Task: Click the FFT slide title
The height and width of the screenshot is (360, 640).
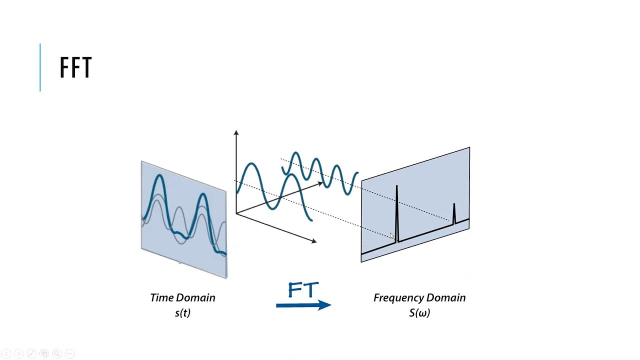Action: pos(75,67)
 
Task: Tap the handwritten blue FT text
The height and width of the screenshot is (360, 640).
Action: pos(303,290)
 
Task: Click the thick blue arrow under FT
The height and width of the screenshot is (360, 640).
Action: pos(303,304)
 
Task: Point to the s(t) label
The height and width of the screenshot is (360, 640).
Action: pos(182,313)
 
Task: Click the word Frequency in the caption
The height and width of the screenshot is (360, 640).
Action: pos(397,297)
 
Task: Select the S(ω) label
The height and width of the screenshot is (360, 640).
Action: pos(419,313)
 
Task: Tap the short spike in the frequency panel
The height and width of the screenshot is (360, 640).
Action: pos(454,213)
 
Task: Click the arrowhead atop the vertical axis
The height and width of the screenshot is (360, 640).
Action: pos(236,133)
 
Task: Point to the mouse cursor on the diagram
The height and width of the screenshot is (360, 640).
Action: pos(392,236)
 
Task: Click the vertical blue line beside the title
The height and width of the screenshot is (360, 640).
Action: pos(40,67)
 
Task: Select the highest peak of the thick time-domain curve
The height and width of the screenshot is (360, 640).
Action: pos(159,176)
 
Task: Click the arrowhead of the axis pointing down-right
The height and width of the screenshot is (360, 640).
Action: pos(313,241)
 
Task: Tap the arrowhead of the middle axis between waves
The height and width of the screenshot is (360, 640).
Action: pos(320,184)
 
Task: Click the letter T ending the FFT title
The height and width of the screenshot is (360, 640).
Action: pos(86,67)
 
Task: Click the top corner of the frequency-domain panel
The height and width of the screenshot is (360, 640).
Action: pos(469,148)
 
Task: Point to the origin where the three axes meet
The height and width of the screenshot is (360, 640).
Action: pos(236,213)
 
